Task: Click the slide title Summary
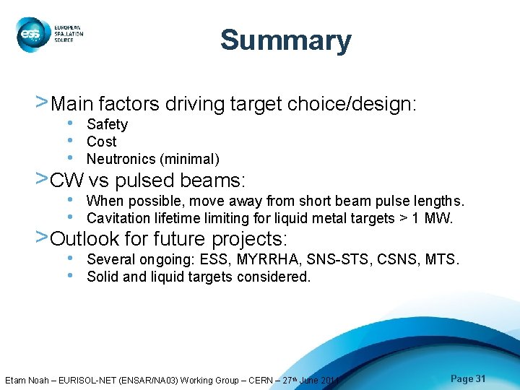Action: pos(285,40)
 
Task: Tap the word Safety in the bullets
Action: pos(107,125)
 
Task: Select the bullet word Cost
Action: pos(101,142)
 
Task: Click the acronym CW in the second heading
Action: pos(67,179)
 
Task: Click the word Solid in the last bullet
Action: pos(102,277)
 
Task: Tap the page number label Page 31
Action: pos(468,379)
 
